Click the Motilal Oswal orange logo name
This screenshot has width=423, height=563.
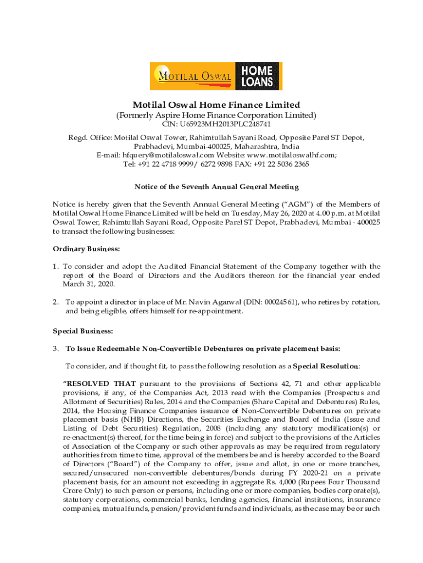(x=193, y=76)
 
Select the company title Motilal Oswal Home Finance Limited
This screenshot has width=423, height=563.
(x=216, y=104)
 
